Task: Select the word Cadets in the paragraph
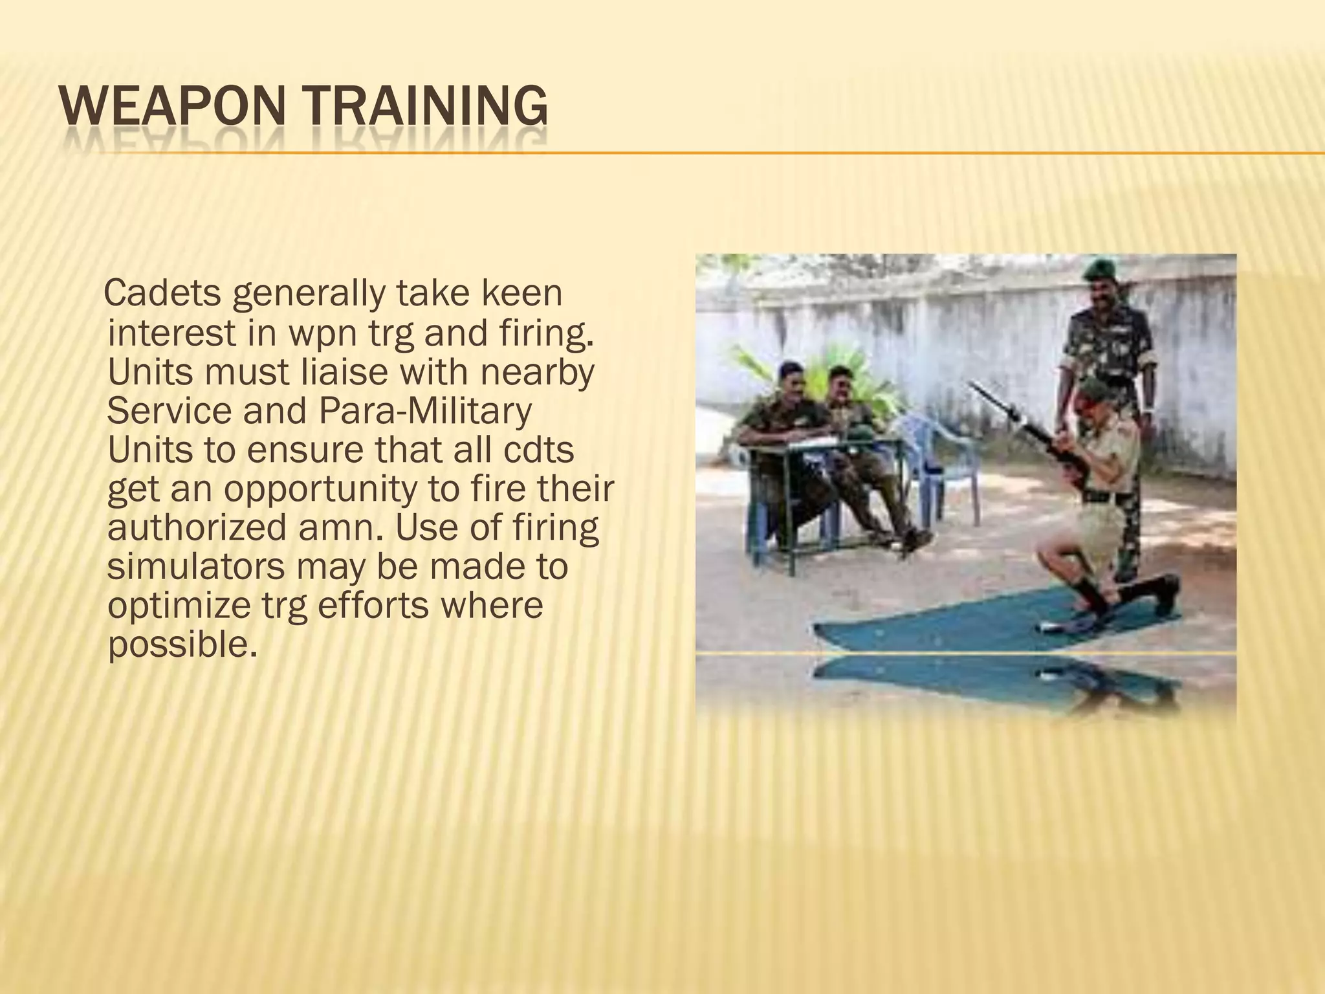[163, 294]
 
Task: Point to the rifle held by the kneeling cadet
[1022, 427]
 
